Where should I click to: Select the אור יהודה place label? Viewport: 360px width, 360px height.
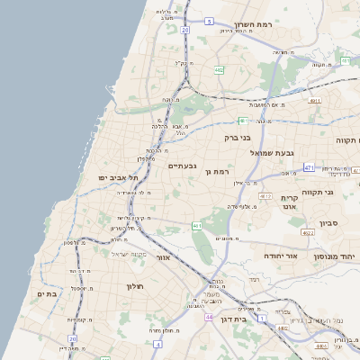pyautogui.click(x=261, y=256)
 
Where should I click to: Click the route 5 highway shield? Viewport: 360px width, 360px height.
pyautogui.click(x=209, y=20)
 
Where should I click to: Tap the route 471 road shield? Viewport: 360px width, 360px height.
pyautogui.click(x=309, y=167)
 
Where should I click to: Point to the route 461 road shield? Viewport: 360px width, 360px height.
pyautogui.click(x=196, y=225)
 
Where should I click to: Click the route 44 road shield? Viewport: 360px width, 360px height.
pyautogui.click(x=209, y=317)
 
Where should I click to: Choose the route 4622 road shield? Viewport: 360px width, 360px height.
pyautogui.click(x=308, y=232)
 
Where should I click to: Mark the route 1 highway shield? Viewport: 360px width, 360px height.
pyautogui.click(x=261, y=319)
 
